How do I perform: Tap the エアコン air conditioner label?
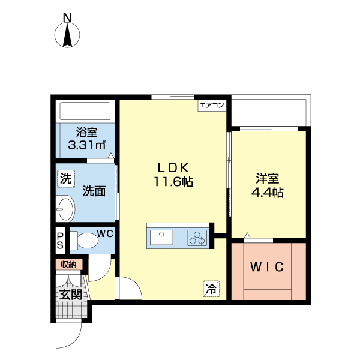click(x=212, y=106)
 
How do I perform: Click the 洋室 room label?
click(x=268, y=179)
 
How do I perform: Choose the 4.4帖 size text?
click(x=268, y=193)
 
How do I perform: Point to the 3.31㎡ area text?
click(x=87, y=145)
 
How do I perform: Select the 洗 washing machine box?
click(x=65, y=178)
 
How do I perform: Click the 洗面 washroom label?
click(x=94, y=191)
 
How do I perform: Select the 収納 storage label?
click(x=68, y=264)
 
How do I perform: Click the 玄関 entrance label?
click(x=70, y=295)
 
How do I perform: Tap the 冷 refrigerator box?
click(x=211, y=289)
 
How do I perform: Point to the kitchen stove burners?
click(x=197, y=238)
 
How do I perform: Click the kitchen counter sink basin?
click(x=161, y=237)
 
